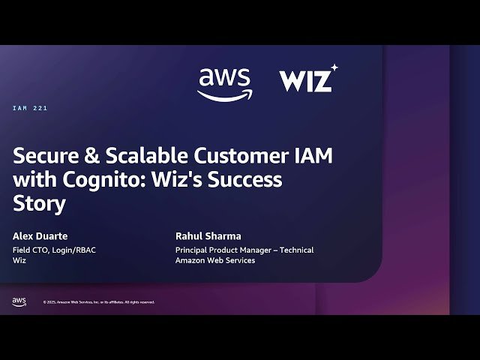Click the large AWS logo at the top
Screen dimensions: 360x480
(224, 82)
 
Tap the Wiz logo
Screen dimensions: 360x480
(306, 79)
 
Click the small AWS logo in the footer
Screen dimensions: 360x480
(19, 301)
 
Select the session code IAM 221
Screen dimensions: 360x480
(30, 109)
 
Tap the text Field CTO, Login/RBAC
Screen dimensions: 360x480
(54, 250)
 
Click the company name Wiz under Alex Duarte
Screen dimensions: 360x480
(20, 260)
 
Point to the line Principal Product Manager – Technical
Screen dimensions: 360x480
(244, 250)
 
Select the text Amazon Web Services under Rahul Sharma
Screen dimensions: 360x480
(215, 260)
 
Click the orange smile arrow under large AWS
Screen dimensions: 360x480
(224, 94)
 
